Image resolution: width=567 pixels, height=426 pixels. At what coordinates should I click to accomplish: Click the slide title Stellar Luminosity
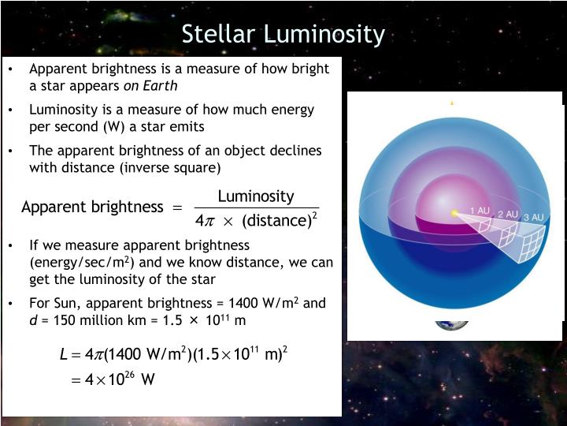tap(283, 35)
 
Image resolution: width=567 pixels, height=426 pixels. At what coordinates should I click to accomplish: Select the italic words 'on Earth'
tap(149, 85)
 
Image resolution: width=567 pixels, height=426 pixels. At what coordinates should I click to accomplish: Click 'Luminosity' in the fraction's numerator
tap(255, 196)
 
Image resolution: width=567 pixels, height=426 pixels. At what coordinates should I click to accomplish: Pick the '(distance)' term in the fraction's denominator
tap(276, 220)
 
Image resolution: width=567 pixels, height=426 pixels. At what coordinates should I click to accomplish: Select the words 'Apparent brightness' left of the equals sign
tap(91, 207)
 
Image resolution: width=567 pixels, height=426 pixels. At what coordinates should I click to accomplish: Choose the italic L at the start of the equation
tap(64, 353)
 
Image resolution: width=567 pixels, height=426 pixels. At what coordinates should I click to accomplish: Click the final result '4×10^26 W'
tap(113, 379)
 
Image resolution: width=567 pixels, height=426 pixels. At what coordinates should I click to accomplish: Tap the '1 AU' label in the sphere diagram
tap(480, 211)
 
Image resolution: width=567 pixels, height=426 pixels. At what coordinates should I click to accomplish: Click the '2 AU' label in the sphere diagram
tap(507, 214)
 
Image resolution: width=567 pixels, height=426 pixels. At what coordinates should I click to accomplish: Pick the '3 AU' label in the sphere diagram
tap(533, 217)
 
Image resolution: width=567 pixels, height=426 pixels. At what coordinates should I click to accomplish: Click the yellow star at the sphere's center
tap(454, 213)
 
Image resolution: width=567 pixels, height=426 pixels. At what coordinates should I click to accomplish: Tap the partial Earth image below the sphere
tap(452, 324)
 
